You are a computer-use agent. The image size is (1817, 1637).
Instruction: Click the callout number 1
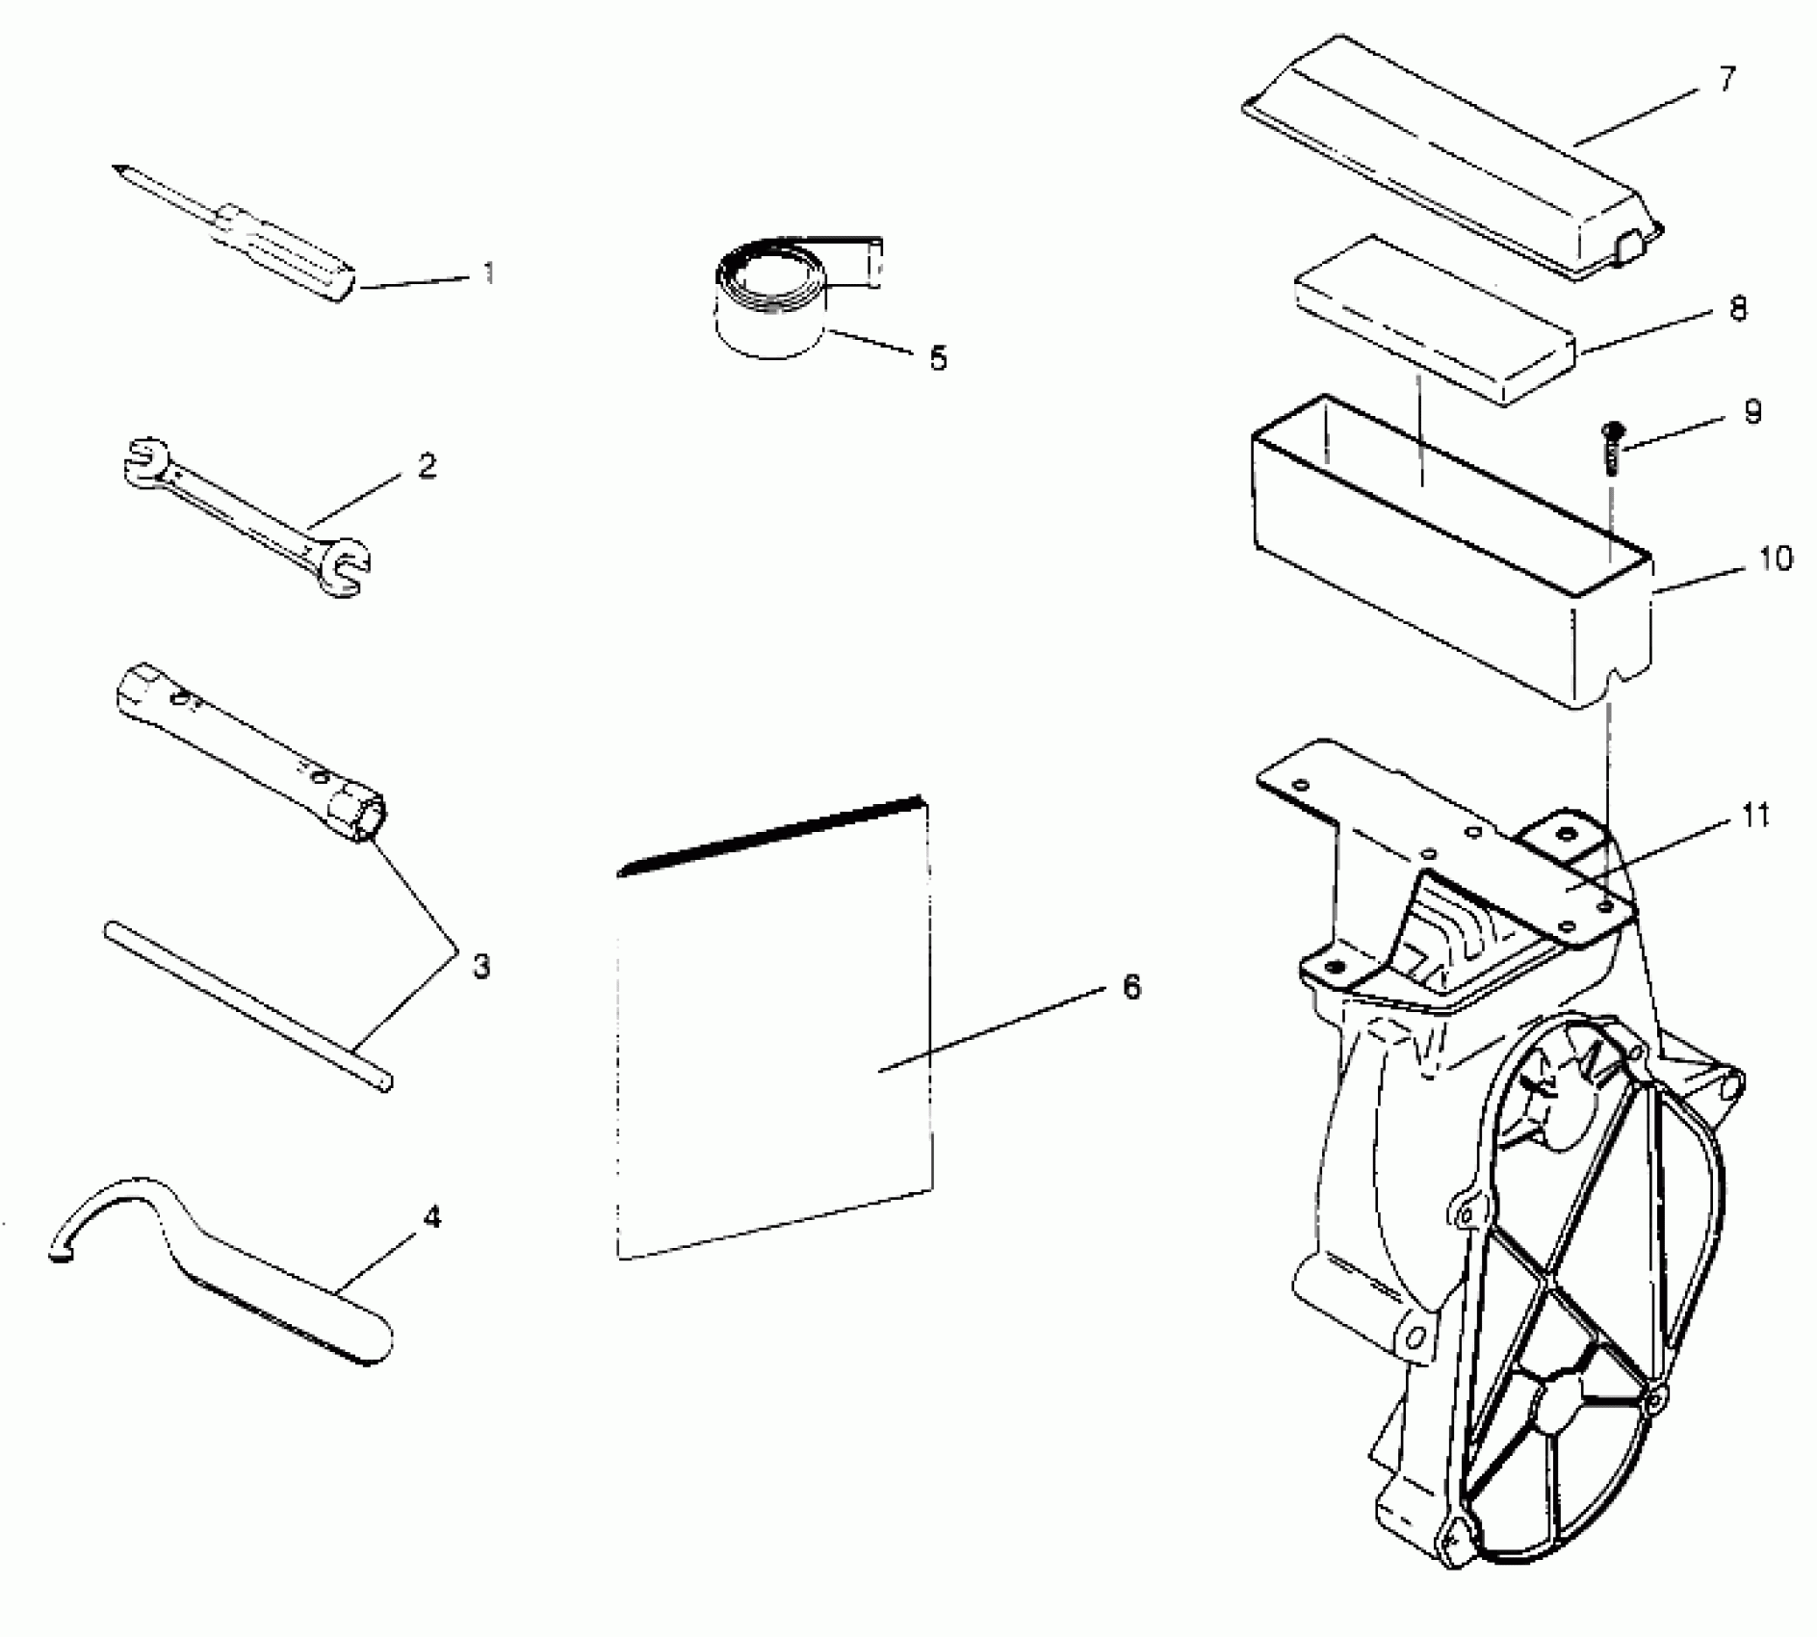[x=489, y=273]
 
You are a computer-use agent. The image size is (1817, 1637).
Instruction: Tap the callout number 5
[x=937, y=358]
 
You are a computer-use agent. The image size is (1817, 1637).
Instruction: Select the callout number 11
[x=1756, y=816]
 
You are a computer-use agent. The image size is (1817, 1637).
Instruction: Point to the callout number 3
[x=480, y=965]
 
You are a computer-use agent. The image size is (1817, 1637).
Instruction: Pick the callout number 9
[x=1752, y=412]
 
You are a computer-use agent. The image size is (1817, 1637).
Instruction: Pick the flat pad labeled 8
[x=1435, y=318]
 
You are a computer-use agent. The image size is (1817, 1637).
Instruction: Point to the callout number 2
[x=427, y=466]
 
